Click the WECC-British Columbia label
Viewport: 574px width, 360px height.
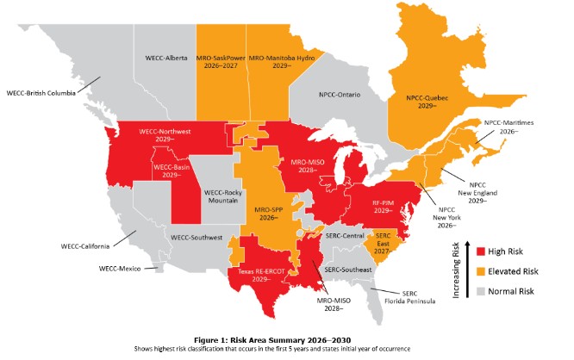[x=40, y=91]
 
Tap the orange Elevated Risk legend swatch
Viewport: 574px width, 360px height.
[x=484, y=270]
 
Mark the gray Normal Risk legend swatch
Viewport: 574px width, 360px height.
[x=484, y=291]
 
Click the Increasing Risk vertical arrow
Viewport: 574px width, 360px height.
[x=466, y=267]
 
